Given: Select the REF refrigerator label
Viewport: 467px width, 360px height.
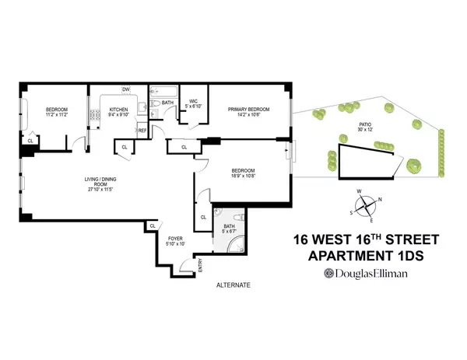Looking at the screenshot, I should point(142,131).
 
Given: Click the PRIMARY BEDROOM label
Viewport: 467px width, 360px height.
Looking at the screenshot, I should point(248,110).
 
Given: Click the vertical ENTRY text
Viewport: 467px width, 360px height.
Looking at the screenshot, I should point(201,266).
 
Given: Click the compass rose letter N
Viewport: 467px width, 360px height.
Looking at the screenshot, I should point(379,199).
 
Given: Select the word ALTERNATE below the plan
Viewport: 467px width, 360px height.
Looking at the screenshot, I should point(233,285).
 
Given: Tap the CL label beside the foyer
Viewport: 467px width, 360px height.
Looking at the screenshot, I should point(153,226).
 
